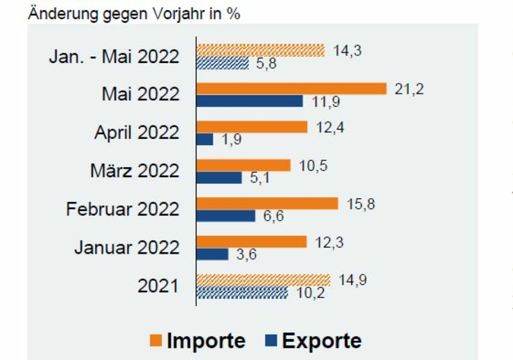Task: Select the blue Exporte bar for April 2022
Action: click(x=204, y=139)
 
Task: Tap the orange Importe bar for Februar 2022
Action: click(x=267, y=203)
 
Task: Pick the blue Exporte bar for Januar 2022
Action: click(x=212, y=254)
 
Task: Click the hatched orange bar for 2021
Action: click(x=263, y=279)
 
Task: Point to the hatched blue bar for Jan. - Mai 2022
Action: click(x=223, y=63)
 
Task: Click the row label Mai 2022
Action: click(x=141, y=95)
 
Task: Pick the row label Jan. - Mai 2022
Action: click(x=114, y=57)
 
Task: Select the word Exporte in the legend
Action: click(x=321, y=340)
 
